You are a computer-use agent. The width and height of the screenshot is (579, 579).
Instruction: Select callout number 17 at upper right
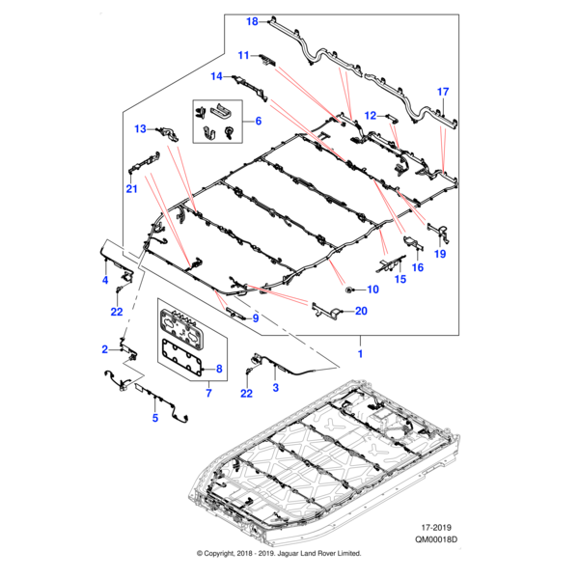[443, 92]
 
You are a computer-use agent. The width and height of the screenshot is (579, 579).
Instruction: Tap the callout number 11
[244, 55]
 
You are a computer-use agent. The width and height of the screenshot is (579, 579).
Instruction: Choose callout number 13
[140, 128]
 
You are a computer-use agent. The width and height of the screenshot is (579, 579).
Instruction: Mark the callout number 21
[132, 191]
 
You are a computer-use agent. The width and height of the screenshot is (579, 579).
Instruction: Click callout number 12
[370, 116]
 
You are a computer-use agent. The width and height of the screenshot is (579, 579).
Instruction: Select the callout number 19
[440, 254]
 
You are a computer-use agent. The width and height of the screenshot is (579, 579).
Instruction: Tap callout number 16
[418, 267]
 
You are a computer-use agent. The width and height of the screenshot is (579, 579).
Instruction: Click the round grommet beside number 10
[347, 289]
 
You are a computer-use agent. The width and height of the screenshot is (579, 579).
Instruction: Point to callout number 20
[361, 311]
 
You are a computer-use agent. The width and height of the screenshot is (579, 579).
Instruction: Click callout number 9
[256, 318]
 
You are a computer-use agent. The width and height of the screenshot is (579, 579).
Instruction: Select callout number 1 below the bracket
[362, 355]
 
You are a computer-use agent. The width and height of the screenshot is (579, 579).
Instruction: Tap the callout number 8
[219, 369]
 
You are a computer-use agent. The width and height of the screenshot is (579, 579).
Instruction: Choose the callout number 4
[106, 280]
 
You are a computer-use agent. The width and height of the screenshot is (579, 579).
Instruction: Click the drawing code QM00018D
[431, 542]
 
